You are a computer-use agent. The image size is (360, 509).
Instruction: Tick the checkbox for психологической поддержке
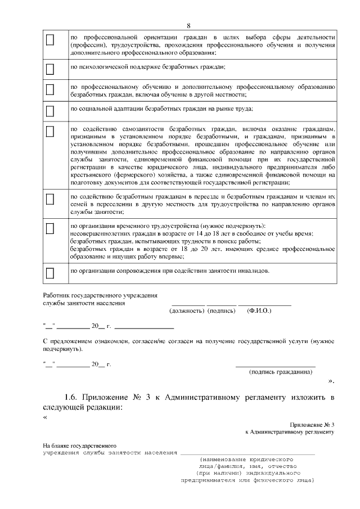click(x=49, y=69)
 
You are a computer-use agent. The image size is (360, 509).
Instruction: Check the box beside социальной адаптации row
click(x=49, y=110)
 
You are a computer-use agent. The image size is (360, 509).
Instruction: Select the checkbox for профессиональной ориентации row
click(x=49, y=40)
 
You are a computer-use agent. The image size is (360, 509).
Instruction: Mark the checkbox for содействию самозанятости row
click(x=49, y=131)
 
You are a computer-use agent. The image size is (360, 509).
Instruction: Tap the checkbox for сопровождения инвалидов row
click(x=49, y=273)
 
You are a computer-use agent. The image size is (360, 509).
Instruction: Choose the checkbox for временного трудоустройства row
click(x=49, y=228)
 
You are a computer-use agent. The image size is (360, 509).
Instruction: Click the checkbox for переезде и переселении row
click(x=49, y=199)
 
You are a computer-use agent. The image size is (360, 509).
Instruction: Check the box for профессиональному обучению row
click(x=49, y=89)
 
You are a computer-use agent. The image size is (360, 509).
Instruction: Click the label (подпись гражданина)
click(x=281, y=372)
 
